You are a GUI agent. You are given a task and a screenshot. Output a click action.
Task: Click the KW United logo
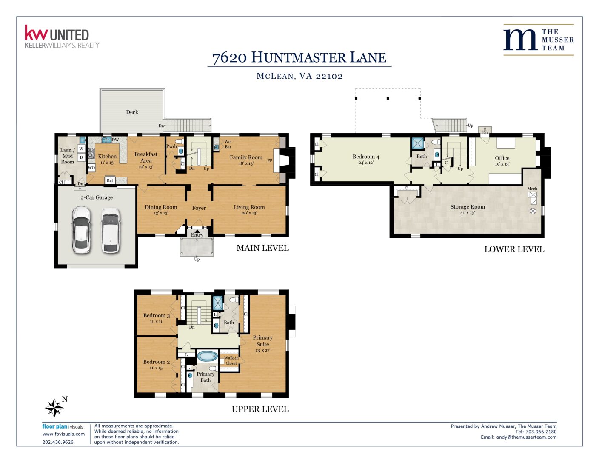tap(62, 37)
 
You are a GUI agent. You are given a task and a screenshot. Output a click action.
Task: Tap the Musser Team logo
tap(538, 40)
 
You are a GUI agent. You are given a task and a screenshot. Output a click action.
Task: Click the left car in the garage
tap(81, 230)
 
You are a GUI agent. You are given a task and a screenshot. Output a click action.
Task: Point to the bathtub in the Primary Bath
tap(208, 356)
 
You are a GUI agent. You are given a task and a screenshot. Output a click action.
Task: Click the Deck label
tap(132, 112)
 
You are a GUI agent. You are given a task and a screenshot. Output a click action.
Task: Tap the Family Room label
tap(246, 157)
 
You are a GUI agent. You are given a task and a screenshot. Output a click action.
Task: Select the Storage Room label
tap(468, 206)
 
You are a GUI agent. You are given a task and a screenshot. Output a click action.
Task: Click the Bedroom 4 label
tap(366, 157)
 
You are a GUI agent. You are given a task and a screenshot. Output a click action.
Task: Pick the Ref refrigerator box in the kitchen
tap(110, 180)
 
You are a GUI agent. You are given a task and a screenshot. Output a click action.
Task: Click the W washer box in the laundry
tap(81, 149)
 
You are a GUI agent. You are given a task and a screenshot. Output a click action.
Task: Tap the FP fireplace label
tap(270, 160)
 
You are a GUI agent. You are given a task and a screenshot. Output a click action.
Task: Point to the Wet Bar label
tap(228, 144)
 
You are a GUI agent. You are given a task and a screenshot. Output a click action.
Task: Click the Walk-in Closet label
tap(231, 360)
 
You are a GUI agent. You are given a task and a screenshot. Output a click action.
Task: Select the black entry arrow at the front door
tap(197, 231)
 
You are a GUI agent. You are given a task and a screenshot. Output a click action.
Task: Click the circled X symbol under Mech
tap(533, 211)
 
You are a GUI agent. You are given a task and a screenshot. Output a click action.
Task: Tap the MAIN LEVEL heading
tap(262, 248)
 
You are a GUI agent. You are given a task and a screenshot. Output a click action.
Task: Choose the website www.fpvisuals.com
tap(63, 434)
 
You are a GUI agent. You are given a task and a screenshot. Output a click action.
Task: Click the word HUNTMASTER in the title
tap(299, 57)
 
